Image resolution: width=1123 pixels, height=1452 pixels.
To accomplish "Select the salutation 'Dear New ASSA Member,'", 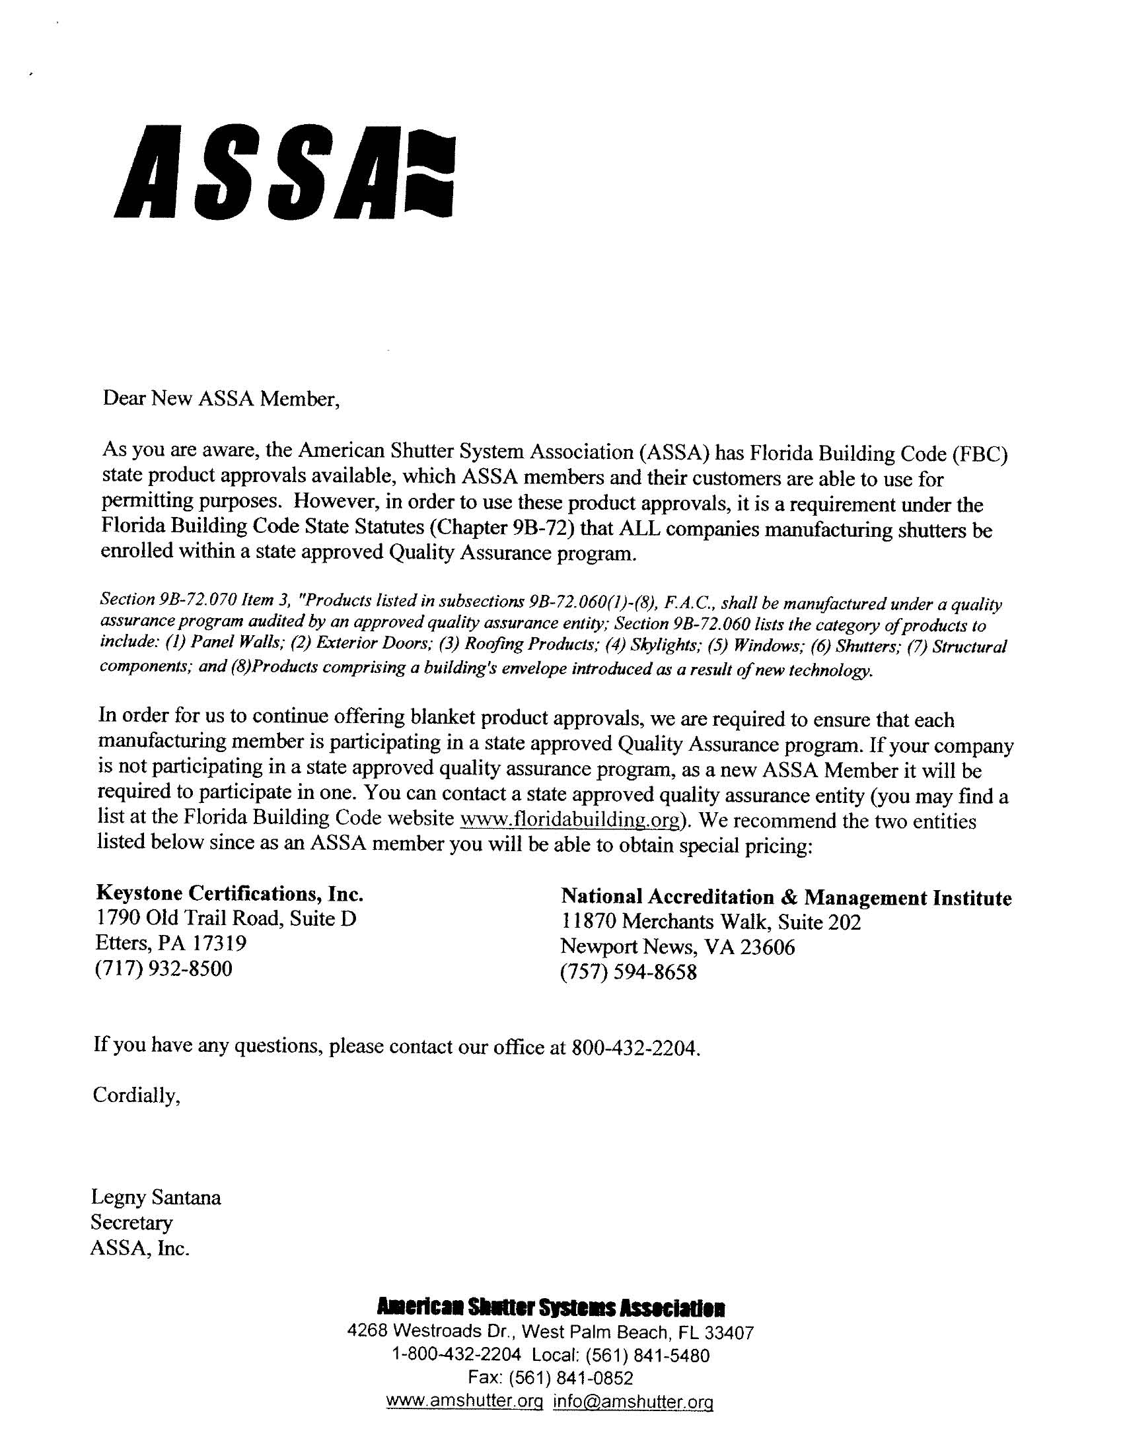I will tap(221, 399).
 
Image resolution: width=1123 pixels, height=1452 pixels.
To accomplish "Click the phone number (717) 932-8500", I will tap(164, 969).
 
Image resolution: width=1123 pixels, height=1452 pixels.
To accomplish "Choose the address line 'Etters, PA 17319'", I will tap(171, 944).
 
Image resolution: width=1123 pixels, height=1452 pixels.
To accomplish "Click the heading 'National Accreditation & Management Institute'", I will tap(785, 898).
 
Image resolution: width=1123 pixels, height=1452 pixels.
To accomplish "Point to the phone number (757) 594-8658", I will tap(629, 973).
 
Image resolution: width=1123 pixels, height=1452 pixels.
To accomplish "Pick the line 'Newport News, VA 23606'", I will tap(677, 948).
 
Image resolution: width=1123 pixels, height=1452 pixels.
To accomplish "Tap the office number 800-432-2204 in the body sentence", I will tap(634, 1049).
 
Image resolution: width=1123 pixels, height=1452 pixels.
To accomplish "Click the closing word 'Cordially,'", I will tap(136, 1095).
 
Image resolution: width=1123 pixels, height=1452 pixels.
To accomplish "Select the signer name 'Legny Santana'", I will tap(156, 1198).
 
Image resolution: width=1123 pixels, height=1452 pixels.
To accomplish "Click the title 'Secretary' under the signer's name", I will tap(131, 1224).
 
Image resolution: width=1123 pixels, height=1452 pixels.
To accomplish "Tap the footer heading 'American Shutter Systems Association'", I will tap(551, 1309).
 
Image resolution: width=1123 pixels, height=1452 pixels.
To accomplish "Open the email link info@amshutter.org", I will tap(633, 1402).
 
